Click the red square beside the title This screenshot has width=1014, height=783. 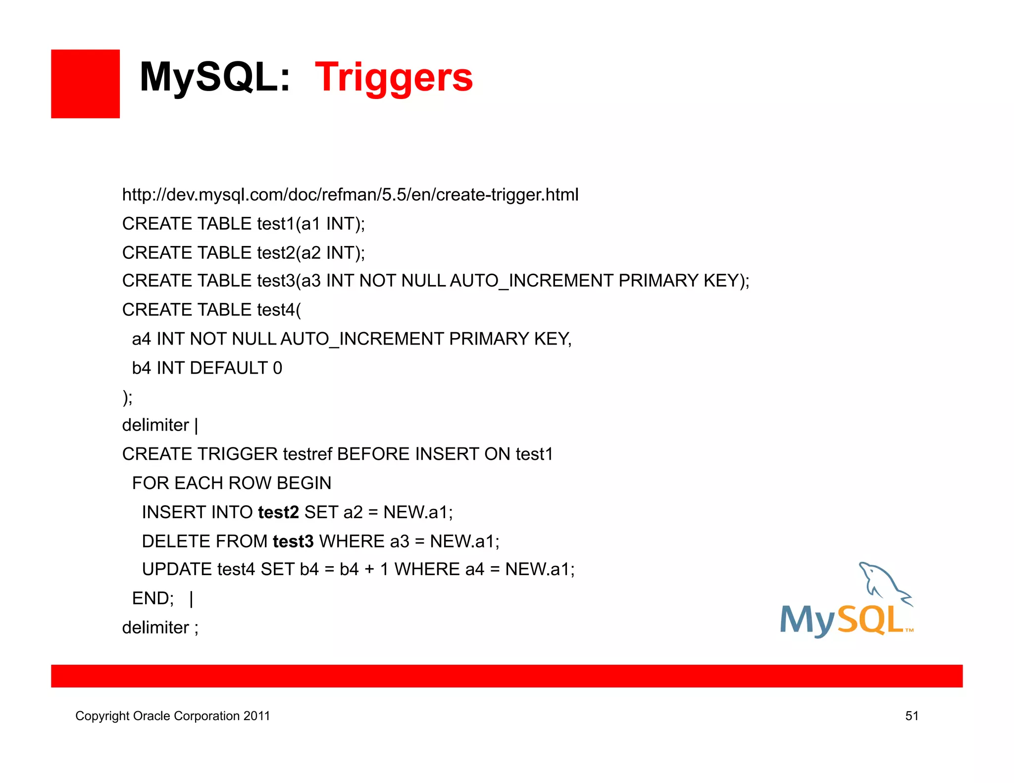(85, 84)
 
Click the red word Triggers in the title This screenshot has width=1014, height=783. (394, 78)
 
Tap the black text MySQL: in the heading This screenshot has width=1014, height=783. (214, 78)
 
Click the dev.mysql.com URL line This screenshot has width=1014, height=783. (350, 195)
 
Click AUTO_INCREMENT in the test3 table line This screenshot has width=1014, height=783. (532, 281)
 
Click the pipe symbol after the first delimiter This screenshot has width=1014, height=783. (197, 425)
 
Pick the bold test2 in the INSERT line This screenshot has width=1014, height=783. (278, 512)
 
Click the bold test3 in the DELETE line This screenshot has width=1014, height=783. (293, 541)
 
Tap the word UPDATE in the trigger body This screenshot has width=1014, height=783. (177, 570)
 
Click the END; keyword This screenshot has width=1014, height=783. (153, 599)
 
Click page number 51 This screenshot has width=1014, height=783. (912, 716)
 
